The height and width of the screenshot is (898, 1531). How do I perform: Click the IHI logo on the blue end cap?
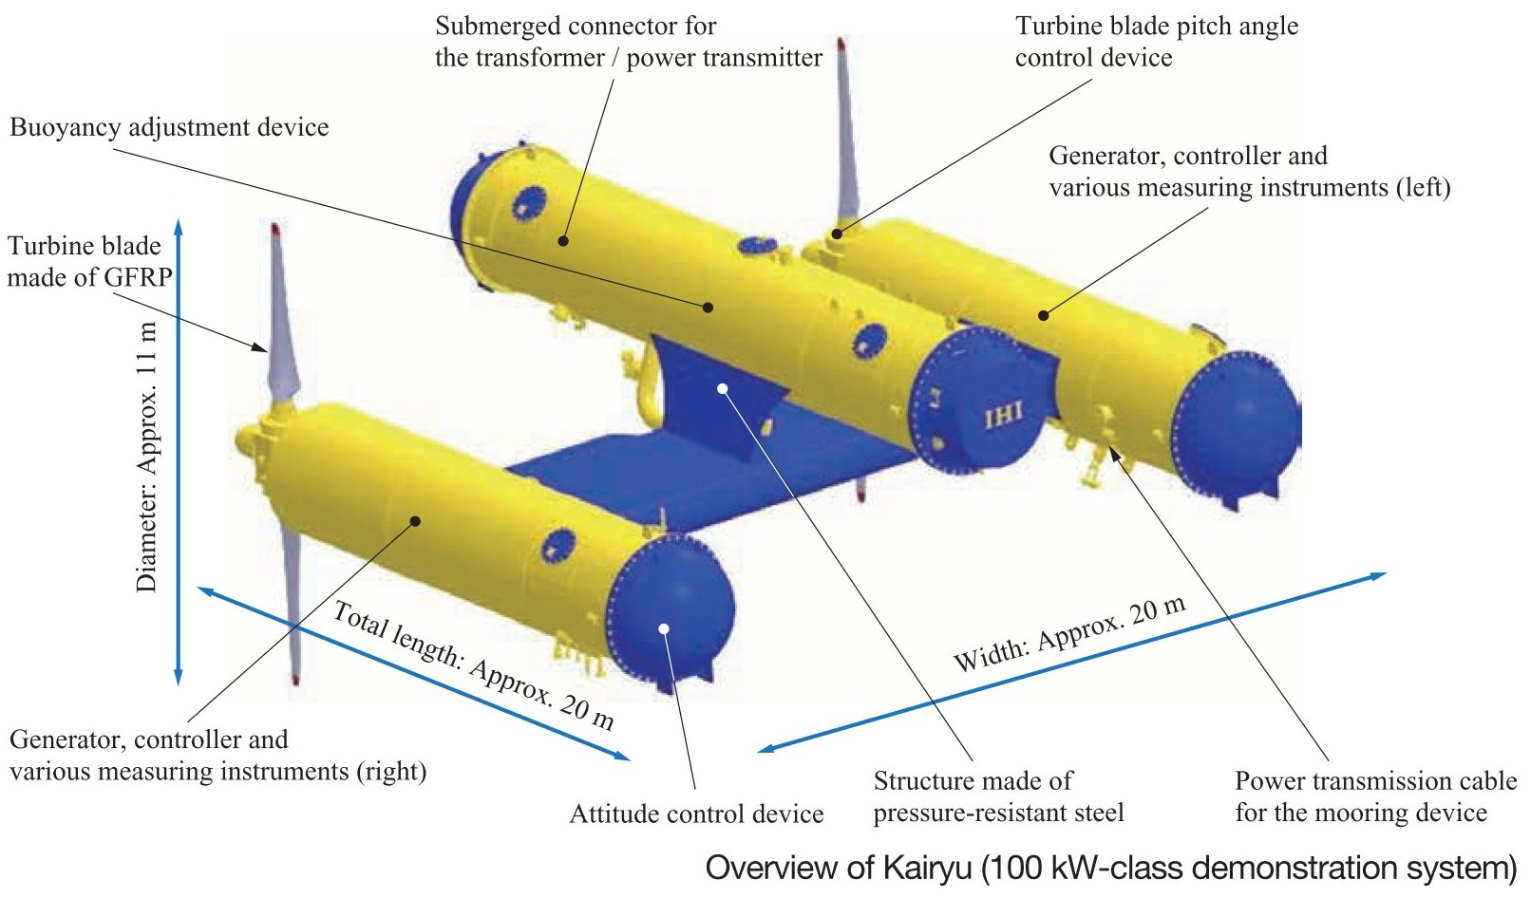(1004, 414)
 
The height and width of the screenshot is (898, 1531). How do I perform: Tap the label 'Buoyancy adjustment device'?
(169, 128)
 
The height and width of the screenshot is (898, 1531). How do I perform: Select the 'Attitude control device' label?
(696, 814)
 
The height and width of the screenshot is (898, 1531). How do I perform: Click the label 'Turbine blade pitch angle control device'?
(1157, 42)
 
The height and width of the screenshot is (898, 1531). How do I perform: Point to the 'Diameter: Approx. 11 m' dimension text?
(147, 457)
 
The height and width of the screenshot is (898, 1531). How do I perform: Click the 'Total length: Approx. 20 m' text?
(473, 665)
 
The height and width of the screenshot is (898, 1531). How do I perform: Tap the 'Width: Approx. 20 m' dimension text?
(1069, 634)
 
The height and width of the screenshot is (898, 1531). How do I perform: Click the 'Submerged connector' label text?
(629, 42)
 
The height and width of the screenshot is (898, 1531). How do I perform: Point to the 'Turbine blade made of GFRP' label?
(89, 262)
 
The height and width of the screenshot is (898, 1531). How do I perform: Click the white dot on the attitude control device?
(664, 628)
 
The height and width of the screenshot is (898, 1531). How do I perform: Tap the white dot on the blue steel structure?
(722, 388)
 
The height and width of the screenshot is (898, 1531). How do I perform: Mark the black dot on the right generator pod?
(415, 521)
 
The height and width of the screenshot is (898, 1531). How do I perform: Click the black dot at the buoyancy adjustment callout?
(709, 308)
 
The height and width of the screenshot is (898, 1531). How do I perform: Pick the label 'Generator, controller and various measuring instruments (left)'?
(1250, 172)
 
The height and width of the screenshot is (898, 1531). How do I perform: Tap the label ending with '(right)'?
(218, 756)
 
